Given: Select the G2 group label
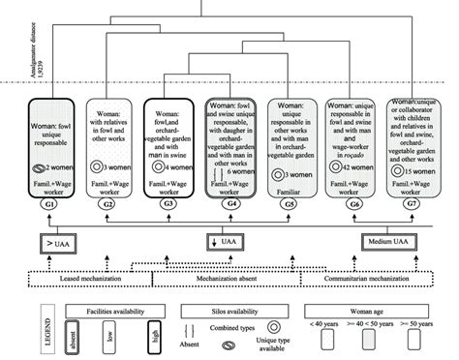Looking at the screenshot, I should (x=107, y=205).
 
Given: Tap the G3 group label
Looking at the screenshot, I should (x=168, y=205).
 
